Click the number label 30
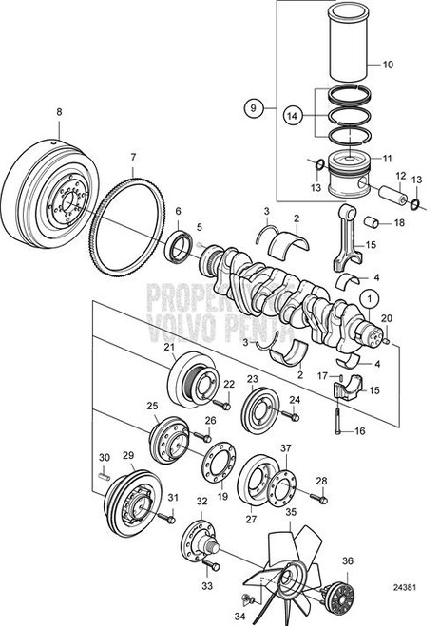tap(105, 458)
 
